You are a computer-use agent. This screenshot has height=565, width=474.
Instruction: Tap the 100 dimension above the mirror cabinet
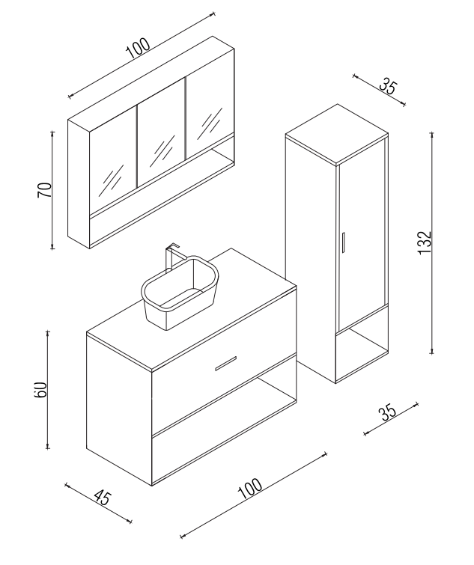tap(138, 47)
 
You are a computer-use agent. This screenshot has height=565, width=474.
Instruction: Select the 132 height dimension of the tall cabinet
tap(425, 243)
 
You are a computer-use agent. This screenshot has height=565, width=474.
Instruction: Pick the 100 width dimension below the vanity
tap(250, 489)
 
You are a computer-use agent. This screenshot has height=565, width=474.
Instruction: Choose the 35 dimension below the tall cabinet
tap(388, 413)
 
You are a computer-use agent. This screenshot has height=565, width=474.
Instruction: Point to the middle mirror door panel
tap(160, 141)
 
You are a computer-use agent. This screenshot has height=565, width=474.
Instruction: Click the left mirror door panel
tap(112, 165)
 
